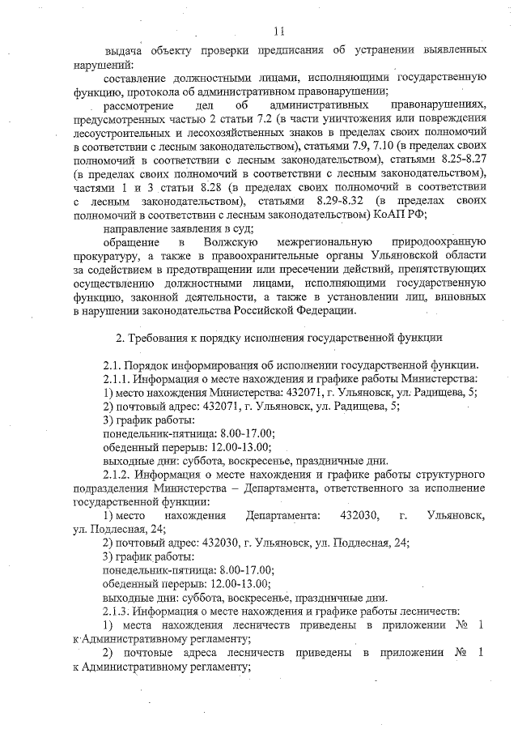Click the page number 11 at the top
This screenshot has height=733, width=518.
(x=278, y=31)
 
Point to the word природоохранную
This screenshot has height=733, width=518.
(x=438, y=243)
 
